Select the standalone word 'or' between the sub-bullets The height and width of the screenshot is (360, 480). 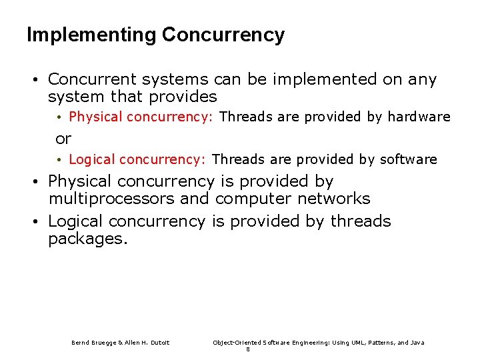coord(63,139)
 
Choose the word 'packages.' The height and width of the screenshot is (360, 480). coord(87,239)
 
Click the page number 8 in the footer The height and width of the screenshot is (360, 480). coord(248,349)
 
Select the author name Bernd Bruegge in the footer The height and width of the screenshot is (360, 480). coord(93,343)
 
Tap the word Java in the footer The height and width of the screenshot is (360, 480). coord(417,343)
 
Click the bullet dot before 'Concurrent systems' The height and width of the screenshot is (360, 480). coord(33,80)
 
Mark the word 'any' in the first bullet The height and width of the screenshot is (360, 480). coord(423,80)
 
